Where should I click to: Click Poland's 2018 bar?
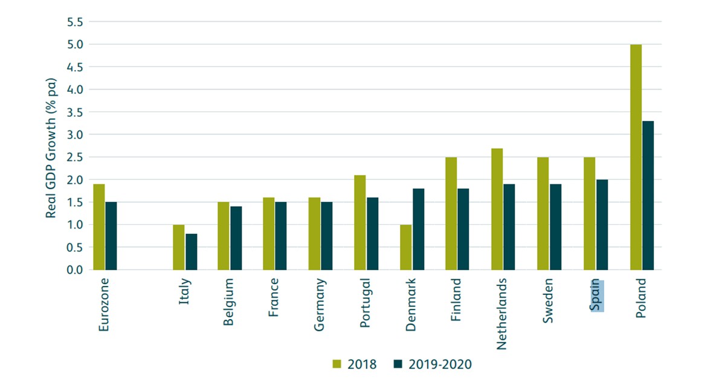[636, 157]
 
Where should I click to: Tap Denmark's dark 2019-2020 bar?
[418, 229]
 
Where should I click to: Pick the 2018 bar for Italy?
[178, 247]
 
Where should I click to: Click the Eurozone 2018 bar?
[98, 227]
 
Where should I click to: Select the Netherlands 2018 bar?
[497, 209]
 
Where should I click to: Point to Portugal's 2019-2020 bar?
[373, 233]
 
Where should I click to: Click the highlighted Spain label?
[597, 296]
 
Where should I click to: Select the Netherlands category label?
[502, 314]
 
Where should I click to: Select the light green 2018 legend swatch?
[337, 364]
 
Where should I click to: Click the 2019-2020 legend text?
[439, 364]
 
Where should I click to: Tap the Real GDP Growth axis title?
[52, 148]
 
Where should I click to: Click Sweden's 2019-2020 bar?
[555, 227]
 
